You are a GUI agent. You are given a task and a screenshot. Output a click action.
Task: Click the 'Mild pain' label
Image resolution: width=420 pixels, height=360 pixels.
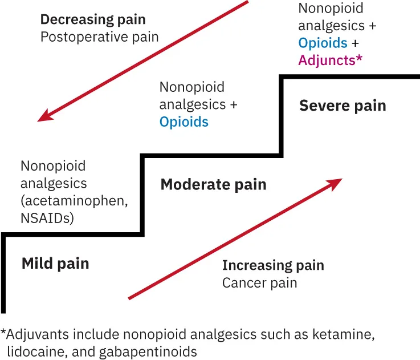pos(55,264)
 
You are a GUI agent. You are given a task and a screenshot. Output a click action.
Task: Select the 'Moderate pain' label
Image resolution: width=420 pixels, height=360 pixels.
pos(213,184)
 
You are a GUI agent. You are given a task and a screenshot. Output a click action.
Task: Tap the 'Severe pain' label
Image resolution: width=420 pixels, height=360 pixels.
pos(342,106)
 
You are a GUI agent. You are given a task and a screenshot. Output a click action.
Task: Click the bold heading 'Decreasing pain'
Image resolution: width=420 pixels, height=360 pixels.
pos(93,19)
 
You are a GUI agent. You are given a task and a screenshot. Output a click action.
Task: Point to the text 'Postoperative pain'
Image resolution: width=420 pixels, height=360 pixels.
pos(99,38)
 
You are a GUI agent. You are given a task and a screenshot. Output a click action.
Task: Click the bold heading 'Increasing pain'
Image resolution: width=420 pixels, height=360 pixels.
pos(273,265)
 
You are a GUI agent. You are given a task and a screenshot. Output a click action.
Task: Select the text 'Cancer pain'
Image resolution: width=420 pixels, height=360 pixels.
pos(259,283)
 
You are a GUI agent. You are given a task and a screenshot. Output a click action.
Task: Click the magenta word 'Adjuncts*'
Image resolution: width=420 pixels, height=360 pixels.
pos(330,60)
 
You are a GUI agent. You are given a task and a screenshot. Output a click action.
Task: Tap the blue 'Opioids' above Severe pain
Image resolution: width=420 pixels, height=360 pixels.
pos(323,43)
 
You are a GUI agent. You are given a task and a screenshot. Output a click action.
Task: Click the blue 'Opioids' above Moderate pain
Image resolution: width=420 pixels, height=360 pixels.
pos(184,122)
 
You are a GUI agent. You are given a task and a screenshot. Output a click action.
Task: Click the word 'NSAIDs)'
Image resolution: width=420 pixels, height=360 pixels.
pos(47,218)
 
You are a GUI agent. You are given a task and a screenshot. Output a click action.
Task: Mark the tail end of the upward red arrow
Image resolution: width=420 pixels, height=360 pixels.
pos(129,298)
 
